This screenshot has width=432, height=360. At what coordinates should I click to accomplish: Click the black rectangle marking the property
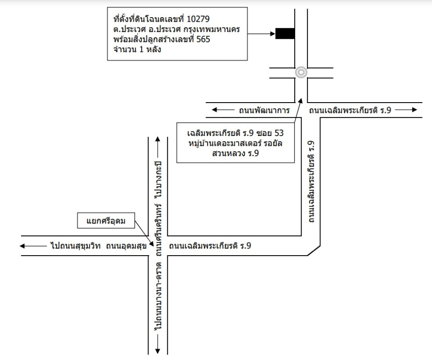pos(285,33)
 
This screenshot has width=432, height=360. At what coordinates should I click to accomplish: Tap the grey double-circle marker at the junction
pos(301,72)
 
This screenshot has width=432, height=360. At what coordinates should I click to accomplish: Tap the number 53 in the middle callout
pos(280,134)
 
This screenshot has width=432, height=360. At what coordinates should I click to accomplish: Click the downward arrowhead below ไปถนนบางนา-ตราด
pos(158,348)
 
